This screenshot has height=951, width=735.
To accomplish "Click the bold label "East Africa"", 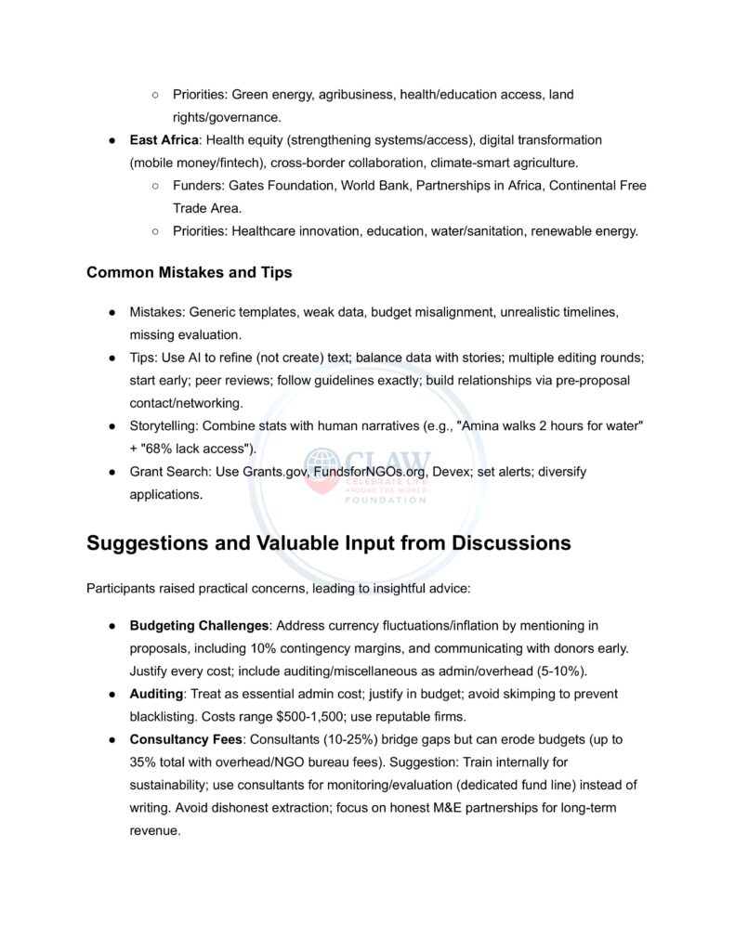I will [164, 139].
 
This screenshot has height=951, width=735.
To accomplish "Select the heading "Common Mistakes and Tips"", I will [189, 272].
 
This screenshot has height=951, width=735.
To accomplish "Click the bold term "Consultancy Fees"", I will [187, 739].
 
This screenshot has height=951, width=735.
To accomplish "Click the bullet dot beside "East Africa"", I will [111, 140].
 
